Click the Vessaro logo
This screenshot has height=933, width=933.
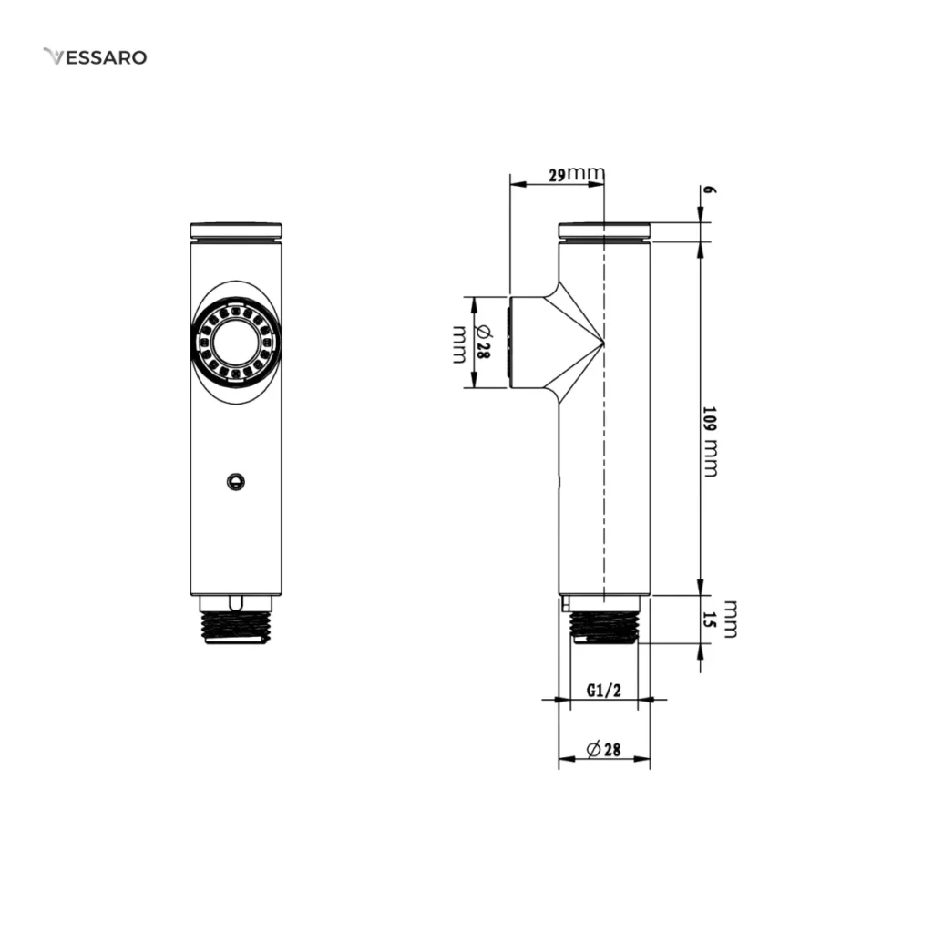(95, 57)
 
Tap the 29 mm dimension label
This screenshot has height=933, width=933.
(577, 174)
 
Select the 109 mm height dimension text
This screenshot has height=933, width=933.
(710, 442)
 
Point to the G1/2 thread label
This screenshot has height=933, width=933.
(604, 690)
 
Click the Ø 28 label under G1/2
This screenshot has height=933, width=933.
(604, 749)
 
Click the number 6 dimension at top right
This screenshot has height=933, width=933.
(709, 190)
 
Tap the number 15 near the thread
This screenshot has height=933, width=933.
(708, 619)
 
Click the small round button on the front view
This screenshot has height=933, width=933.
(236, 481)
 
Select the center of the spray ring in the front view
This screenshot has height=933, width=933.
(236, 343)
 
